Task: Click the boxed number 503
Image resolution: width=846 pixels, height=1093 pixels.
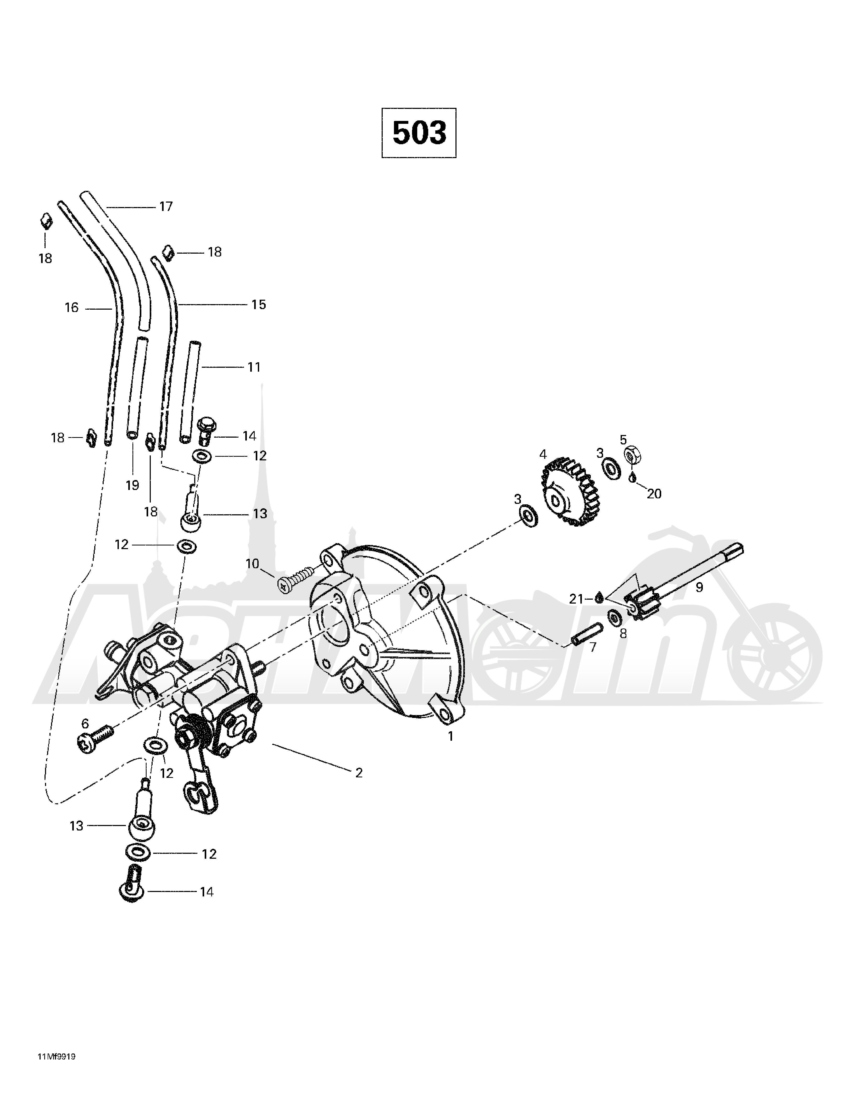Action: [x=419, y=133]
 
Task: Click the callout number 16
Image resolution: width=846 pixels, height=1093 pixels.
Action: [x=71, y=307]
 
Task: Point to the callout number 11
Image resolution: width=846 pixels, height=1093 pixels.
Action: [x=254, y=367]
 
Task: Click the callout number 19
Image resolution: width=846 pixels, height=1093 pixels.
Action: [x=132, y=485]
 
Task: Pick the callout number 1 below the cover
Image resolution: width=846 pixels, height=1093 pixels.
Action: [x=450, y=736]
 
